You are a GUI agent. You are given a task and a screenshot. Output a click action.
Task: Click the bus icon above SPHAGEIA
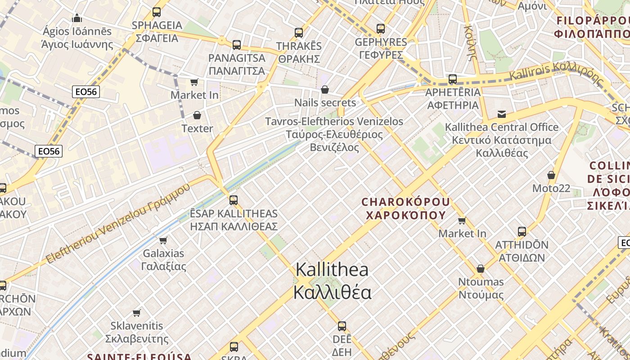click(157, 12)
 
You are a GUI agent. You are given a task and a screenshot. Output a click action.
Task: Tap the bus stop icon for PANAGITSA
click(237, 45)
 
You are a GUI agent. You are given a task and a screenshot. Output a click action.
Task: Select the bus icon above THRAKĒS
click(299, 33)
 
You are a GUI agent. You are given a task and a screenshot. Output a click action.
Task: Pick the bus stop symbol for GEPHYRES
click(381, 29)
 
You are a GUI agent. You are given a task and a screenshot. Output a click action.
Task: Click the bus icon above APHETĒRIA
click(453, 79)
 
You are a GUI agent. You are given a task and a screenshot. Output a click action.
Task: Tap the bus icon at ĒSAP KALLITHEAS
click(234, 200)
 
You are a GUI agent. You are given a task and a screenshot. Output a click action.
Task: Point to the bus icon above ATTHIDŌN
click(522, 232)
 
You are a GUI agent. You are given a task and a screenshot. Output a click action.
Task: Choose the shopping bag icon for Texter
click(197, 116)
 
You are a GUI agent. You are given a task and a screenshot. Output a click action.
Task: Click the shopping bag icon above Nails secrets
click(325, 90)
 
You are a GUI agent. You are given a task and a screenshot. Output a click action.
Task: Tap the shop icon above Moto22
click(551, 175)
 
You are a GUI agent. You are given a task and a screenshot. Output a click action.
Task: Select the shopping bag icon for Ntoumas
click(481, 269)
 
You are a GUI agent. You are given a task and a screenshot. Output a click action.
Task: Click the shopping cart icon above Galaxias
click(163, 240)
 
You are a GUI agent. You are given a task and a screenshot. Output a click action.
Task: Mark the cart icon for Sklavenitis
click(137, 312)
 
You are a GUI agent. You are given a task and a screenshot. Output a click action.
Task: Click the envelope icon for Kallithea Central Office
click(502, 114)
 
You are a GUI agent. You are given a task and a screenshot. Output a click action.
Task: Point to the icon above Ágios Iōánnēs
click(77, 18)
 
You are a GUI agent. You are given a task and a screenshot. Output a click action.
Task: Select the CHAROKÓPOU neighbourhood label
click(405, 208)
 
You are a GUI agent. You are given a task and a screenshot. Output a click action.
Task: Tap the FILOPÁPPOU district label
click(592, 27)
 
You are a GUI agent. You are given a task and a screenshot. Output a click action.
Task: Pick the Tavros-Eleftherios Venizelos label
click(334, 134)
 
